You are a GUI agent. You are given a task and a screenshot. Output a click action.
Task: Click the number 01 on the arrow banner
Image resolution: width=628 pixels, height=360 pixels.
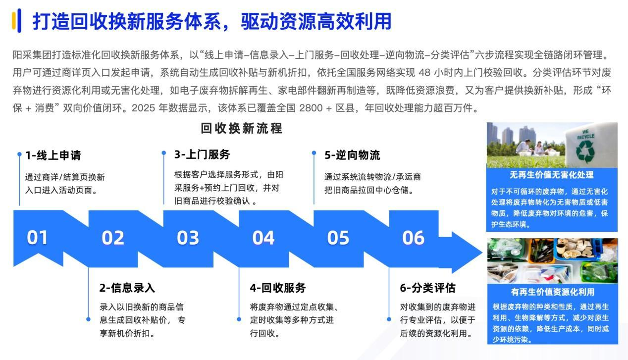[37, 238]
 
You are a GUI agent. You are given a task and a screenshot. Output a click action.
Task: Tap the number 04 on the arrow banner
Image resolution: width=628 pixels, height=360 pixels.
[263, 238]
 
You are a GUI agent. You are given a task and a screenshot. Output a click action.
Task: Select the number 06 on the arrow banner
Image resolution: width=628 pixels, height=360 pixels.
[413, 238]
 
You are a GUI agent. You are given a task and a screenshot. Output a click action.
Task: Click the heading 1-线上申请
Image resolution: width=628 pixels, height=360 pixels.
[53, 155]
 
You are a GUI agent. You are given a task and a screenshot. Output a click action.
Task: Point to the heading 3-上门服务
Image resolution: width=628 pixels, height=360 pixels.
[202, 154]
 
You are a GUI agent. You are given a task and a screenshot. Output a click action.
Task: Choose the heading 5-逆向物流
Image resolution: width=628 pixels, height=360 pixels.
[353, 155]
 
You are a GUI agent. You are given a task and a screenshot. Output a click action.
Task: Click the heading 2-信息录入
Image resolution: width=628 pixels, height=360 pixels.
[127, 288]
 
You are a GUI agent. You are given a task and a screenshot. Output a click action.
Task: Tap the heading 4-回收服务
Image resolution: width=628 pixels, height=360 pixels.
[278, 288]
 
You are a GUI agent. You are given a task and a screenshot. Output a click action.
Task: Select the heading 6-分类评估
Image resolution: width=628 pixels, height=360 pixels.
[428, 288]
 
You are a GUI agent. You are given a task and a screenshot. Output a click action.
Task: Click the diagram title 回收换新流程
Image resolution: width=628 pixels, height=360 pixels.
[241, 128]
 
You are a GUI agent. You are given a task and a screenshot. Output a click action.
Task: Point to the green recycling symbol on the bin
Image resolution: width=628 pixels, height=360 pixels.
[585, 152]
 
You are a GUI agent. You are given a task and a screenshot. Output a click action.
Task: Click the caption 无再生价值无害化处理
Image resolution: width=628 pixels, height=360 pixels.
[551, 175]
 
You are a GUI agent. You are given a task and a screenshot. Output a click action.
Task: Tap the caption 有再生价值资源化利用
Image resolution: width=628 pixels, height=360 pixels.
[553, 292]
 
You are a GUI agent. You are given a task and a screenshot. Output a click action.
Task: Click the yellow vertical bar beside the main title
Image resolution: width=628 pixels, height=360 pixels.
[14, 21]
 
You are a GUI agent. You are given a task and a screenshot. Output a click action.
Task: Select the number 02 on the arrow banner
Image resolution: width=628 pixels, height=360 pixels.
[113, 238]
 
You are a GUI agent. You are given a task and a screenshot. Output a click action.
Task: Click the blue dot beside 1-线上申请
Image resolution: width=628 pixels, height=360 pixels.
[19, 154]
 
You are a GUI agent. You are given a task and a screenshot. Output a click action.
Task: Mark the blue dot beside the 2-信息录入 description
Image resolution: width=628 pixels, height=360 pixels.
[88, 319]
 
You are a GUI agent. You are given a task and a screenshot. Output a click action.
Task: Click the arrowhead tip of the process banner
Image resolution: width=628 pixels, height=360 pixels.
[482, 253]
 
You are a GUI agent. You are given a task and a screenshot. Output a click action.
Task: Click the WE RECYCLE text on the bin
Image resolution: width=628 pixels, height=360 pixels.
[586, 134]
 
